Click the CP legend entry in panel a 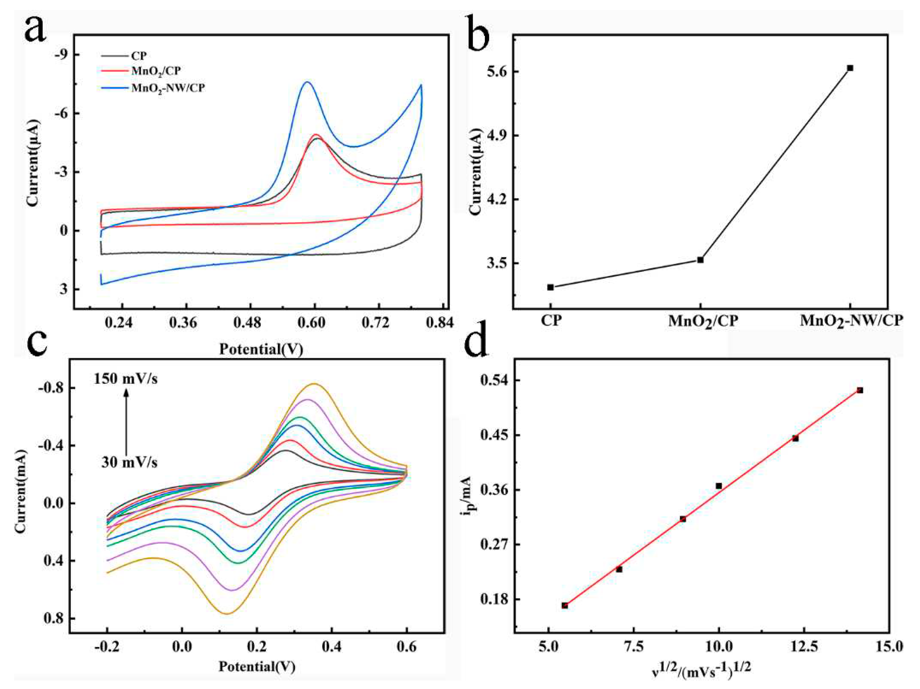point(139,55)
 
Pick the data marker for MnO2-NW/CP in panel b point(850,68)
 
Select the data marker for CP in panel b point(550,287)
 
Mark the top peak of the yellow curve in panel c point(314,384)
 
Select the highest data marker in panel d point(860,390)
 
